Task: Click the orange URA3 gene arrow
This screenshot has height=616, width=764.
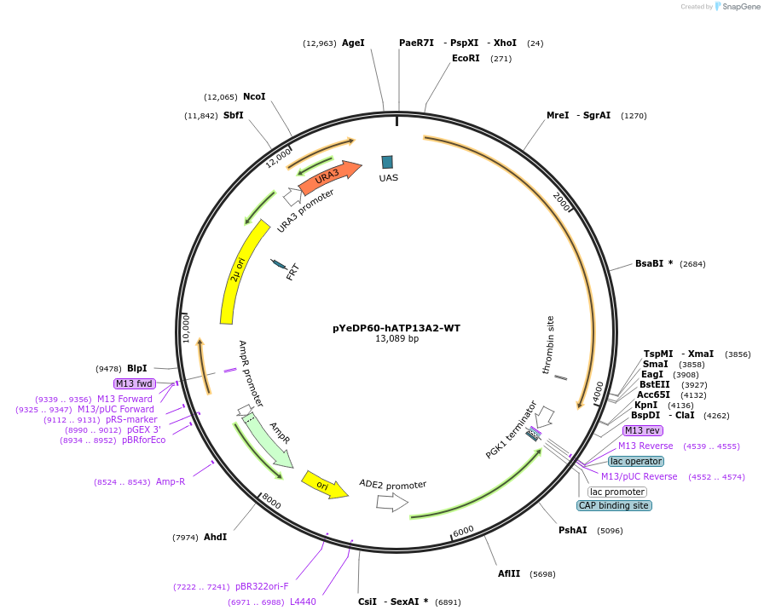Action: click(x=329, y=176)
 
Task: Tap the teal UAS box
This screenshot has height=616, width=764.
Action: click(x=387, y=162)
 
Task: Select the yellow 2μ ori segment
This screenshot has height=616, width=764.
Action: click(x=239, y=273)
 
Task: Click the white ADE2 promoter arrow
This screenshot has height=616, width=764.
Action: click(x=391, y=503)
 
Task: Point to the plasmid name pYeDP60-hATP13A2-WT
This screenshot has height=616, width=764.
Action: click(x=396, y=327)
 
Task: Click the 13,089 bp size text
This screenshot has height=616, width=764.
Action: click(x=396, y=339)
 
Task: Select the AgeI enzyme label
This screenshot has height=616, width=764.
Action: click(x=353, y=43)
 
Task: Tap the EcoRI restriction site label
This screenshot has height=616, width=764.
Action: click(x=466, y=59)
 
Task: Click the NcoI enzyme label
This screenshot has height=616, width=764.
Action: click(x=254, y=96)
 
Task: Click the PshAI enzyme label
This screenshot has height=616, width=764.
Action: click(x=573, y=530)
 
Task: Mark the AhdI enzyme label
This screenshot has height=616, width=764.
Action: click(x=215, y=537)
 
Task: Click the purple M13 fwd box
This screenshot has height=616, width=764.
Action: click(x=134, y=383)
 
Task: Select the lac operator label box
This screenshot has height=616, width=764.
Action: click(x=636, y=461)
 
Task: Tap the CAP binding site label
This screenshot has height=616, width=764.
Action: click(x=614, y=505)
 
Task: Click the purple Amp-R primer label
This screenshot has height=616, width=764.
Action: click(x=171, y=481)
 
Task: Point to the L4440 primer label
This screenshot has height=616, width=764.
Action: click(x=303, y=602)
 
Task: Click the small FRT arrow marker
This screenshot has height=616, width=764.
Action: click(x=279, y=265)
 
